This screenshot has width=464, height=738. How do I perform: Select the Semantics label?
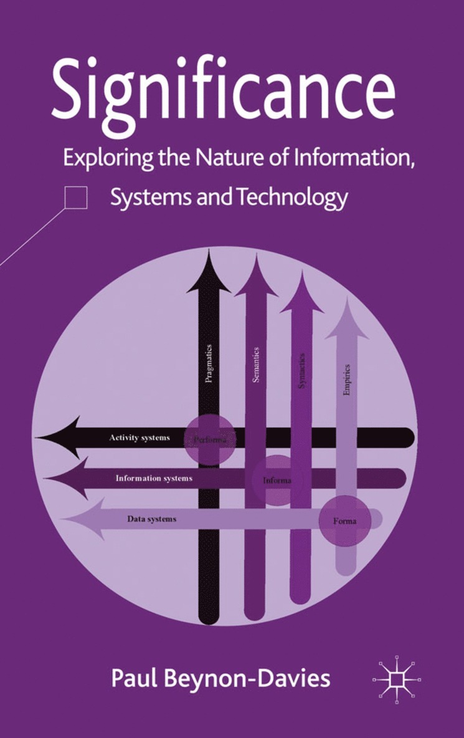[x=256, y=365]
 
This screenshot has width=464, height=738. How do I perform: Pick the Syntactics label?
[x=302, y=371]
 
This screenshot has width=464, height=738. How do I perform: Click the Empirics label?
[x=347, y=380]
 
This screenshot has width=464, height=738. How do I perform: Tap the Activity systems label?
[x=140, y=438]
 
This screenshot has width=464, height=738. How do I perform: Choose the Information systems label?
[x=154, y=479]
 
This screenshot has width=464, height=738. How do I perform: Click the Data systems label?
[x=152, y=519]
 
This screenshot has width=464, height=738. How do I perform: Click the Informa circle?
[x=275, y=481]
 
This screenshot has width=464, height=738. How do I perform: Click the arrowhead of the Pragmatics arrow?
[x=209, y=274]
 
